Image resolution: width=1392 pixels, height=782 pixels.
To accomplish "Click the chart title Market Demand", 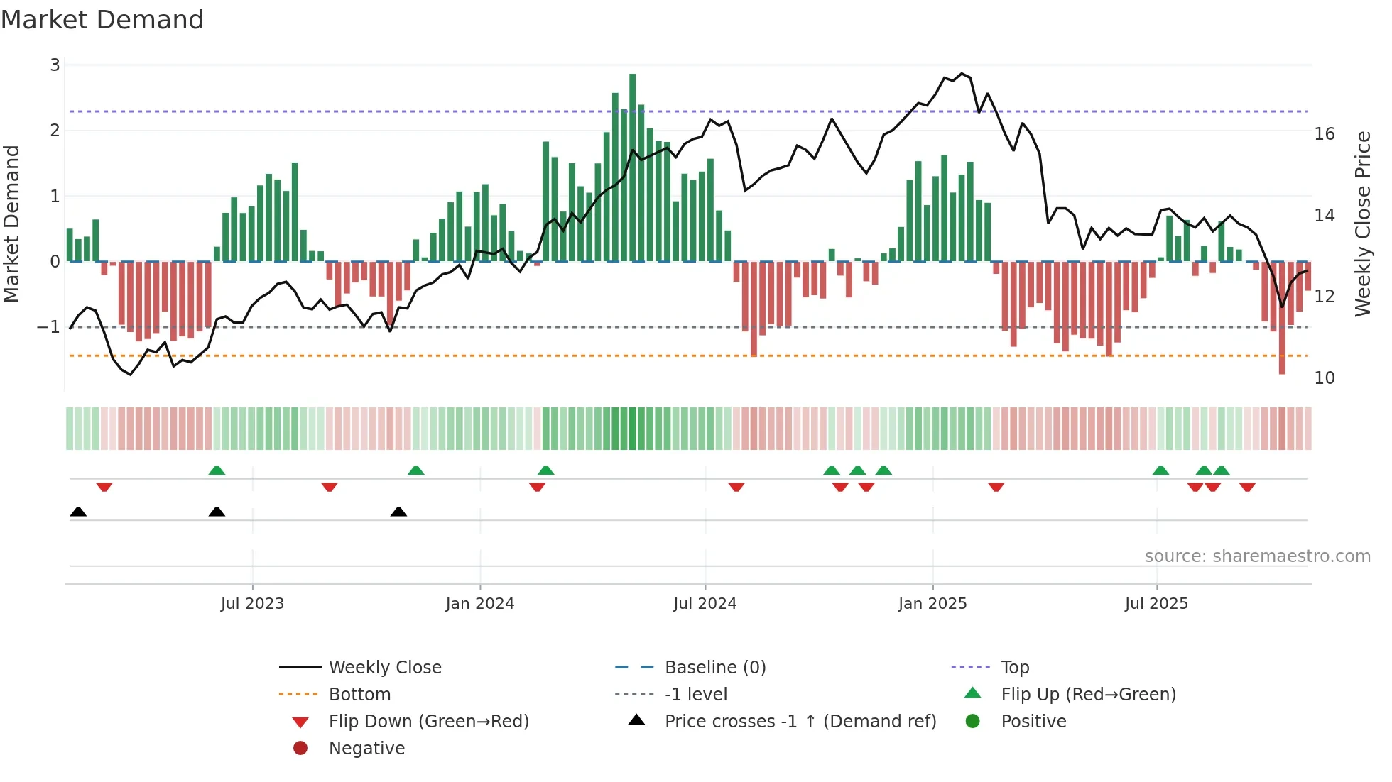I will click(x=102, y=20).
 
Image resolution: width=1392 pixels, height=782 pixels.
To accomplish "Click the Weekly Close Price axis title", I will click(x=1362, y=224).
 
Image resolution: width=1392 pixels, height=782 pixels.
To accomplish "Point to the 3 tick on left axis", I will click(x=55, y=65).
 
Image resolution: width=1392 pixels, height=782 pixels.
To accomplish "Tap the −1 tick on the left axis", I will click(x=48, y=327).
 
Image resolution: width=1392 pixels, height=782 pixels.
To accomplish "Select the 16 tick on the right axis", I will click(x=1324, y=134).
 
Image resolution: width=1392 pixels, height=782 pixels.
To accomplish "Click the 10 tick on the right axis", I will click(x=1324, y=378).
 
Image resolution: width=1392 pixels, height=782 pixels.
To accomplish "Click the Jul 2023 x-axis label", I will click(x=252, y=604).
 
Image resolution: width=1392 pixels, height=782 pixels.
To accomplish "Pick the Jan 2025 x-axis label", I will click(x=932, y=604).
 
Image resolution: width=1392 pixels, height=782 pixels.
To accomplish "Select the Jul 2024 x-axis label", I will click(x=705, y=604).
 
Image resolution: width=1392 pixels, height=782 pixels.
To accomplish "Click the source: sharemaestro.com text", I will click(x=1257, y=556).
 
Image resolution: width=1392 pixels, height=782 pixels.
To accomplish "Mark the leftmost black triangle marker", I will click(x=78, y=512).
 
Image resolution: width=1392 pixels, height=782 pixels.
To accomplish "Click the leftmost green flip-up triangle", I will click(x=217, y=470).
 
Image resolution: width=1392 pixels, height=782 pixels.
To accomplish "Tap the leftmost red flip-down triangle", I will click(x=104, y=487).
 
